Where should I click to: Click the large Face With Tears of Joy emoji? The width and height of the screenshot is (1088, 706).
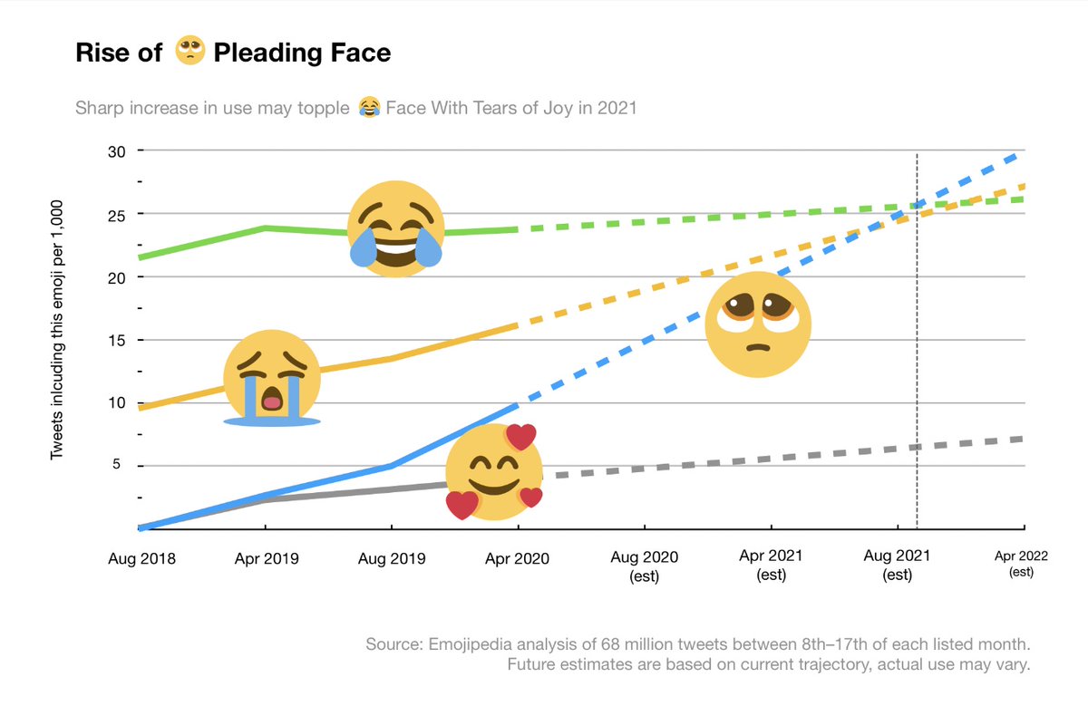[x=396, y=227]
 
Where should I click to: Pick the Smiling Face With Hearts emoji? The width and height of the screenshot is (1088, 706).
[x=495, y=472]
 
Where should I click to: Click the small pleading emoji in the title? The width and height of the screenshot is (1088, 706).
[x=189, y=53]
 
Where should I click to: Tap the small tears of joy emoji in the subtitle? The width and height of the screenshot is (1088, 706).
[x=368, y=109]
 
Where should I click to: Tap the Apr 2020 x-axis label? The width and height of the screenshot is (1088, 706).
[x=517, y=558]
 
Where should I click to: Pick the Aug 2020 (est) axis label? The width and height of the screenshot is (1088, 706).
[x=645, y=565]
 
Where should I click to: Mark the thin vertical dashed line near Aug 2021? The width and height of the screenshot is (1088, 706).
[x=918, y=363]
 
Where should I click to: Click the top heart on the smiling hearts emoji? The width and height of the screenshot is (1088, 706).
[x=521, y=437]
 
